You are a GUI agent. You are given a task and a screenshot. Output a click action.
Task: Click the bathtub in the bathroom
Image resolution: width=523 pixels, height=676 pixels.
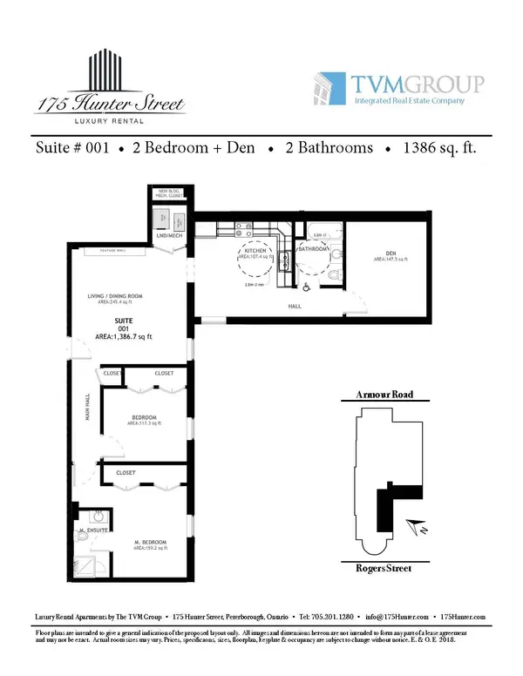[x=320, y=233]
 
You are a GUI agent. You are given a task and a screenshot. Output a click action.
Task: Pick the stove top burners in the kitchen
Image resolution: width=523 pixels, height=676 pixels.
[x=244, y=232]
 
